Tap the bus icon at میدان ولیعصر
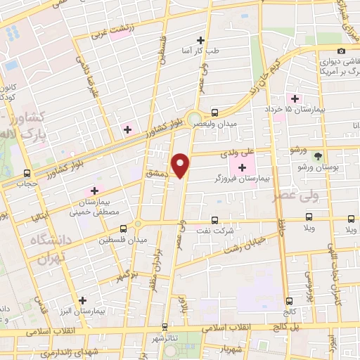click(215, 111)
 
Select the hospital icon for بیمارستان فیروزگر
click(243, 167)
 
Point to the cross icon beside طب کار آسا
click(201, 40)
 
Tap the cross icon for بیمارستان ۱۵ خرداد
click(295, 98)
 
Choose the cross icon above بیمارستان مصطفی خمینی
click(94, 190)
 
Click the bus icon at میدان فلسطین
click(124, 229)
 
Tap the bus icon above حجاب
click(27, 173)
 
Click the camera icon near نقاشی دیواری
click(341, 51)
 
